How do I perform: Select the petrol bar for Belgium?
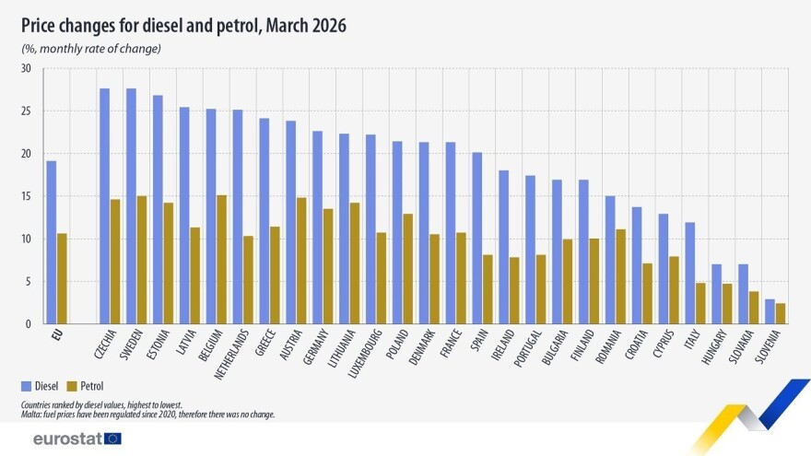pyautogui.click(x=221, y=260)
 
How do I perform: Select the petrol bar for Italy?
pyautogui.click(x=700, y=303)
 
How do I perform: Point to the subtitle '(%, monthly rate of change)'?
pyautogui.click(x=91, y=48)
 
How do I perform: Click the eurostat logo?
pyautogui.click(x=76, y=438)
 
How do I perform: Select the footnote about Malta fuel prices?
pyautogui.click(x=147, y=415)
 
